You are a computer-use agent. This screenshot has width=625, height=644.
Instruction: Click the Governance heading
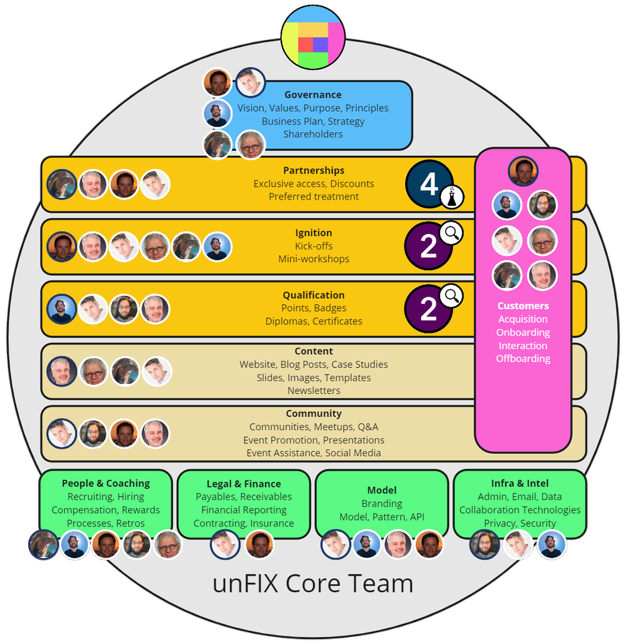tap(312, 95)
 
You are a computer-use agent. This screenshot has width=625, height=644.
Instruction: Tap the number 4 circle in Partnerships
tap(429, 184)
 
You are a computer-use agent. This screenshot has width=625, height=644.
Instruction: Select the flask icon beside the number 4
tap(452, 197)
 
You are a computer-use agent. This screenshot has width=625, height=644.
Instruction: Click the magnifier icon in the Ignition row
tap(451, 234)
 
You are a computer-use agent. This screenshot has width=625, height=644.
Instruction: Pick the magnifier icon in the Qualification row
tap(451, 295)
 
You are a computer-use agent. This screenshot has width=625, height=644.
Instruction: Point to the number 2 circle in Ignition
tap(428, 247)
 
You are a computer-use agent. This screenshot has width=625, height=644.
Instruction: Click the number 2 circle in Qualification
tap(428, 309)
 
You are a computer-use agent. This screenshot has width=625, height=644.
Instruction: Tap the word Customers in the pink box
tap(523, 306)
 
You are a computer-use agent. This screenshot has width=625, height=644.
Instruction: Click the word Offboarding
tap(523, 359)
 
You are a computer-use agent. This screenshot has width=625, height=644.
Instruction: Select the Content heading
tap(314, 351)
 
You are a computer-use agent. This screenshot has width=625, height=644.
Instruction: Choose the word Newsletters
tap(314, 391)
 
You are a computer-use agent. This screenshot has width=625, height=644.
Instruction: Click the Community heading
tap(314, 414)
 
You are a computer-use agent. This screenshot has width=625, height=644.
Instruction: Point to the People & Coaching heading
tap(106, 483)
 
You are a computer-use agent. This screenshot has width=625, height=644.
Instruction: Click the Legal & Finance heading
tap(244, 484)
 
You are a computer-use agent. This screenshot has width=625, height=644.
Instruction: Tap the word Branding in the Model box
tap(382, 504)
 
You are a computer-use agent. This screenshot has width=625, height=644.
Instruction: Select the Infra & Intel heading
tap(520, 483)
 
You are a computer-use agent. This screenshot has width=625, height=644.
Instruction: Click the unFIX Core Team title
tap(312, 583)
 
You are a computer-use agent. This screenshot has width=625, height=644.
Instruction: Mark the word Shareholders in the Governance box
tap(312, 134)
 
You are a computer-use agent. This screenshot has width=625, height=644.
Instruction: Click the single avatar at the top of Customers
tap(523, 171)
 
